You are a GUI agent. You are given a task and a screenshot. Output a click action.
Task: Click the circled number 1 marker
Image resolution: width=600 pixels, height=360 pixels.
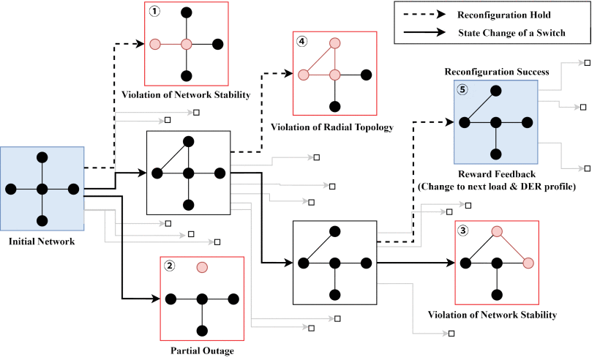155,12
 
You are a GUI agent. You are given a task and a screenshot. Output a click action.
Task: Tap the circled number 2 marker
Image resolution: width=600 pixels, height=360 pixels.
170,267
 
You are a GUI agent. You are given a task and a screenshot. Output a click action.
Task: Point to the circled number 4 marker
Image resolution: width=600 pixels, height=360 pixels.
302,42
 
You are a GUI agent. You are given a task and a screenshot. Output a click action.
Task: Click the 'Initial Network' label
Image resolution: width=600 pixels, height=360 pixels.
42,241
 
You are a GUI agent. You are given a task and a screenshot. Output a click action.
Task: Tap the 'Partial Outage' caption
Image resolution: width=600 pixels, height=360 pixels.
201,350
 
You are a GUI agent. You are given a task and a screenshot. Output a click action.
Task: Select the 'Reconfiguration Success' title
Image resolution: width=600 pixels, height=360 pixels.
496,72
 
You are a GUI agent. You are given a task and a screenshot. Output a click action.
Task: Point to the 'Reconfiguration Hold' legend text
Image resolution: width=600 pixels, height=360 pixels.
503,14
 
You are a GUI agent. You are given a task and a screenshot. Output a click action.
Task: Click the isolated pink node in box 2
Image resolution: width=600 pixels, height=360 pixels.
202,268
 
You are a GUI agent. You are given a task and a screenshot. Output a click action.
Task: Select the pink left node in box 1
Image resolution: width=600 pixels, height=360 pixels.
155,44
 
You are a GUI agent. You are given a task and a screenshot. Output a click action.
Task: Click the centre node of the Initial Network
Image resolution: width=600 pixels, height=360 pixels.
42,189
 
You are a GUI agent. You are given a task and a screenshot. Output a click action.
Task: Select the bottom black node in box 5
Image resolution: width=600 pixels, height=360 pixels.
496,154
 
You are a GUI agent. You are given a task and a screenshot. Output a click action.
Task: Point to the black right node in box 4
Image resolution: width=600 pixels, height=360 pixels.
365,75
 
